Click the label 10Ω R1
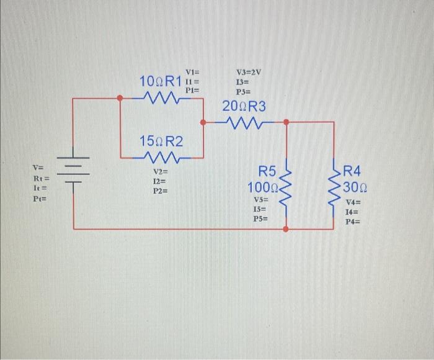tap(160, 81)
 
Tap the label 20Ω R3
tap(244, 106)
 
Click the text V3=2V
tap(249, 72)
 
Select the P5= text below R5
tap(261, 219)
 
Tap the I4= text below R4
tap(353, 212)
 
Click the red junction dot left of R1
tap(120, 97)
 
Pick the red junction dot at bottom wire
tap(286, 229)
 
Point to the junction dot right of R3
tap(286, 122)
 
